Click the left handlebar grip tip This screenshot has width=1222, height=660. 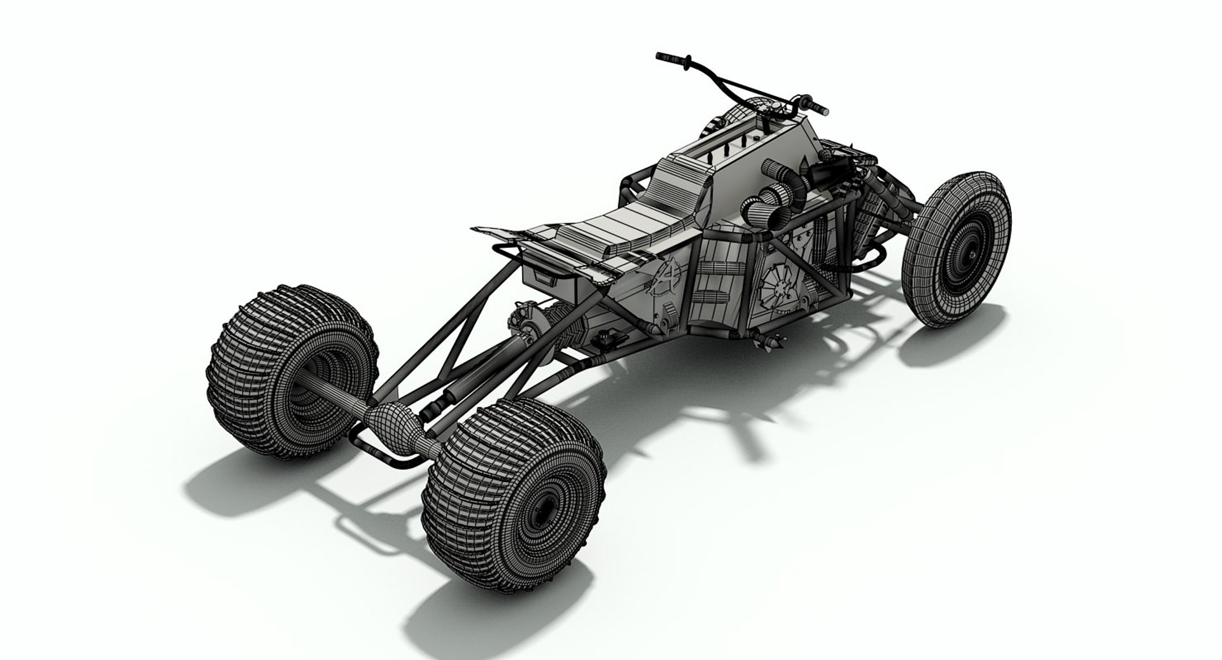click(x=660, y=57)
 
